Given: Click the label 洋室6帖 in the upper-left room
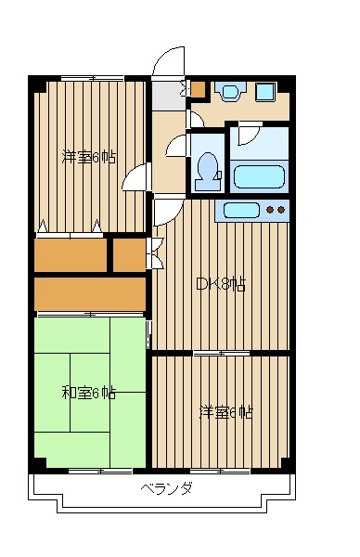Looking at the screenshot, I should (x=89, y=157).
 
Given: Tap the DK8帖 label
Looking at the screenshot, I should (x=220, y=285).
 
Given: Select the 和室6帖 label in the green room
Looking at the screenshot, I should (x=89, y=393).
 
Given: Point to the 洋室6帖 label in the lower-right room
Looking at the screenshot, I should (x=225, y=412).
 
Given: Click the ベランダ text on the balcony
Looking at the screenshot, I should (x=167, y=489).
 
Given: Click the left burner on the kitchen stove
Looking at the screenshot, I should (x=270, y=211).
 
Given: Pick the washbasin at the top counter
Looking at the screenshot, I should (x=228, y=91).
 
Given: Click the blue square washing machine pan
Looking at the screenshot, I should (x=267, y=91).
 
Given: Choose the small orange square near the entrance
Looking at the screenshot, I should (x=198, y=90).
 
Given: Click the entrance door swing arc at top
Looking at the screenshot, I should (x=167, y=63).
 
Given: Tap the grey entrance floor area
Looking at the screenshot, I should (x=168, y=95).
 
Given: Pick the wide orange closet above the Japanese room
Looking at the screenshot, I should (x=89, y=293).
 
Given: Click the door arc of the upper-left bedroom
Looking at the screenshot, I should (x=135, y=178).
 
